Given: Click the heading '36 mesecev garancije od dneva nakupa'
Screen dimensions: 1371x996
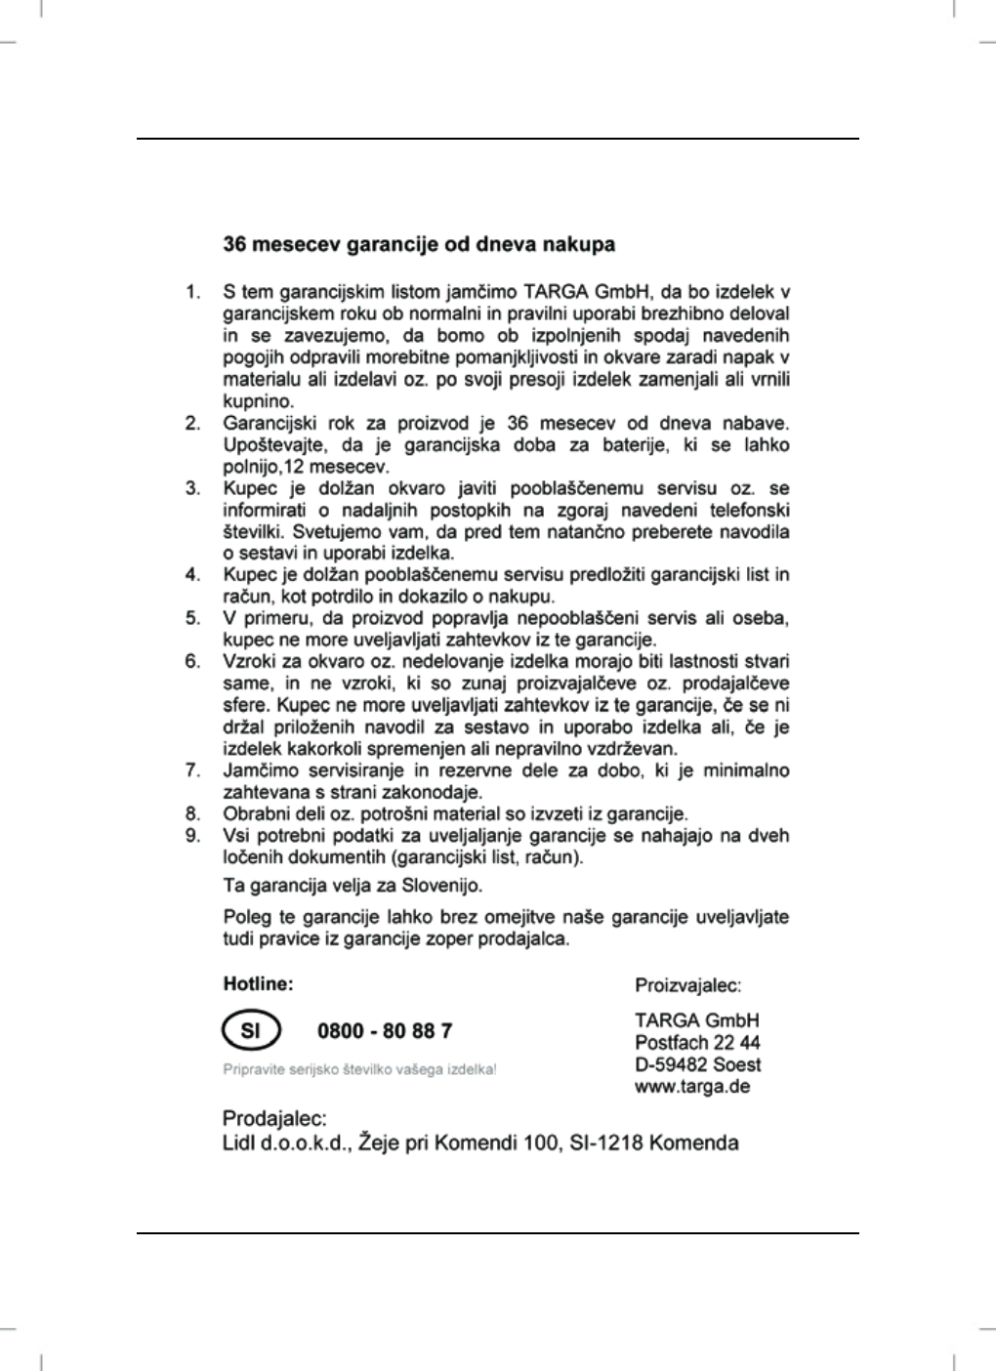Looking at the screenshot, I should pos(419,244).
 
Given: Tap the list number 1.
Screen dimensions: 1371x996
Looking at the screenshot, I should pos(193,292).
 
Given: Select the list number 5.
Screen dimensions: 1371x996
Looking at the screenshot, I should pos(193,618).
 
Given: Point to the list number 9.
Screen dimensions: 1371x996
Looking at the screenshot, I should pos(193,836).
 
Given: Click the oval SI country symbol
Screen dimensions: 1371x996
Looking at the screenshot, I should pos(251,1031).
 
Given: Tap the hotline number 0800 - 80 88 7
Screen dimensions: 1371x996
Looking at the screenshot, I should pos(385,1031).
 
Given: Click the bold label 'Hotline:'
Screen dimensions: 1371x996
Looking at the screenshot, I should pos(258,984).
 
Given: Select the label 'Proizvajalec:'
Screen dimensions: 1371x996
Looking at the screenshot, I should pos(688,985).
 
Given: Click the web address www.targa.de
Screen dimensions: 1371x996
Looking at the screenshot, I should pos(692,1087).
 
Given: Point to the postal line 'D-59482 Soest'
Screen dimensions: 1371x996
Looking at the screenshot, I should pos(697,1064).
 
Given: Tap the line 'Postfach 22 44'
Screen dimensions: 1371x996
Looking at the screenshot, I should pos(697,1043).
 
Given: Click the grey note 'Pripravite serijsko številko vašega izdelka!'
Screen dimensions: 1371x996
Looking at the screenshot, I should pos(359,1069).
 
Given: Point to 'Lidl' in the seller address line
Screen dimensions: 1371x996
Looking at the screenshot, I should pos(240,1142).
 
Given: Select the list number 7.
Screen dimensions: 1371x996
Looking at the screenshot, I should pos(193,770).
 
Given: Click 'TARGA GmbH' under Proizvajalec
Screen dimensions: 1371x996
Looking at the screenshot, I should pos(697,1021).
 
